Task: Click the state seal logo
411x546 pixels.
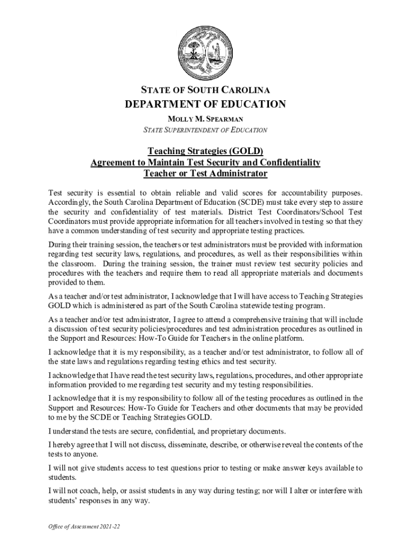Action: (205, 52)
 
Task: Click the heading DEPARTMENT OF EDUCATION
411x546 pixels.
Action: (205, 104)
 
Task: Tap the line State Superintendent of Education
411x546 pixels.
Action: (205, 130)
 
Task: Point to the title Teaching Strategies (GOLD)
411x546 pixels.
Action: (205, 151)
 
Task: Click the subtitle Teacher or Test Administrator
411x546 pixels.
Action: (205, 174)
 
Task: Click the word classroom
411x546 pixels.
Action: (73, 264)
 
